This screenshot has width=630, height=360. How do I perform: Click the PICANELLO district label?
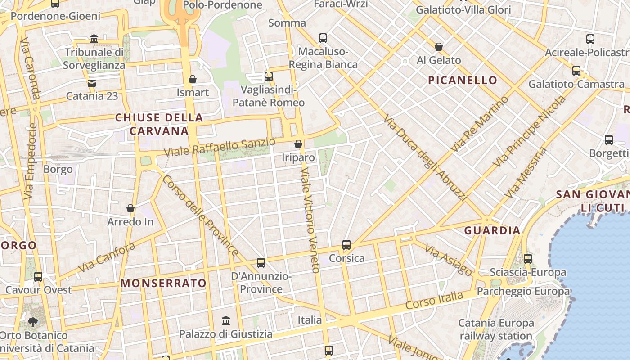pyautogui.click(x=463, y=81)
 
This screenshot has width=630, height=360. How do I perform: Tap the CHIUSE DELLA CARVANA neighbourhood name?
pyautogui.click(x=159, y=124)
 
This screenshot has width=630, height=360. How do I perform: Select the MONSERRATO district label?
pyautogui.click(x=164, y=283)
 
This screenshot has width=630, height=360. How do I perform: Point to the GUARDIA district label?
pyautogui.click(x=492, y=231)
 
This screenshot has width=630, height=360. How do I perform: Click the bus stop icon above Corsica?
pyautogui.click(x=346, y=245)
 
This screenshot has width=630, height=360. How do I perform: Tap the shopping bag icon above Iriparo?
pyautogui.click(x=298, y=144)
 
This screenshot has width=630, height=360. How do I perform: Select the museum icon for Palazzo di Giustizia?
pyautogui.click(x=226, y=321)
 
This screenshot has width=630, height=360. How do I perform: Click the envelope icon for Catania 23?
pyautogui.click(x=92, y=83)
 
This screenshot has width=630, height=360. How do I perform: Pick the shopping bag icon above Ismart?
pyautogui.click(x=193, y=79)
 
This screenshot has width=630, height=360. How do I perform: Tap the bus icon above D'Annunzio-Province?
pyautogui.click(x=261, y=263)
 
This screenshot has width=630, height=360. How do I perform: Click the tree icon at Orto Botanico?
pyautogui.click(x=32, y=322)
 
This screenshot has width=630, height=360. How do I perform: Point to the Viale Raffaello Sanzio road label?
pyautogui.click(x=219, y=147)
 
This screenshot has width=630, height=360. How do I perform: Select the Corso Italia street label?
pyautogui.click(x=434, y=300)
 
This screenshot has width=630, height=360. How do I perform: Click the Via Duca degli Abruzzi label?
pyautogui.click(x=425, y=157)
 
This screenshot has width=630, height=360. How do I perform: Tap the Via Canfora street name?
pyautogui.click(x=107, y=257)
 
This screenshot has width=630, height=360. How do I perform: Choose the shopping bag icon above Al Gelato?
pyautogui.click(x=439, y=47)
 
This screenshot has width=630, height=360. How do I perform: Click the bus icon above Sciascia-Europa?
pyautogui.click(x=528, y=259)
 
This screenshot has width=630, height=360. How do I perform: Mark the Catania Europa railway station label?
pyautogui.click(x=496, y=329)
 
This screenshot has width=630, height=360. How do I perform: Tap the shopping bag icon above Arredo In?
pyautogui.click(x=130, y=208)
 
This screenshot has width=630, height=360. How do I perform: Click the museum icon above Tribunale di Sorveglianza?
pyautogui.click(x=94, y=39)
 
